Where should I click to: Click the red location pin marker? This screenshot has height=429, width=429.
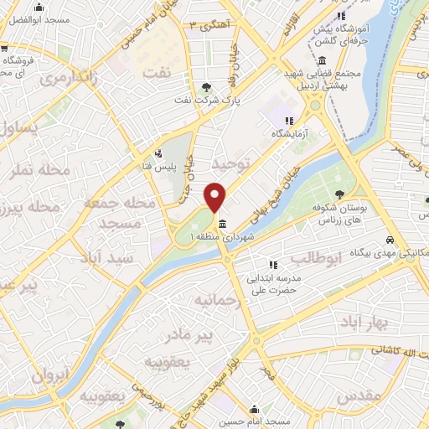[215, 197]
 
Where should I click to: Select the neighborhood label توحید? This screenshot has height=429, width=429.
[231, 162]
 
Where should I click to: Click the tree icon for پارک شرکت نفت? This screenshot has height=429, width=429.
[207, 86]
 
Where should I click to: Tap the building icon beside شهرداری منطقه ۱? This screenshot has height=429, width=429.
[220, 224]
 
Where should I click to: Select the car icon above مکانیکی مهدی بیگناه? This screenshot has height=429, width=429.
[390, 240]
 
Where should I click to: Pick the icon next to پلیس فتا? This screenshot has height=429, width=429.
[158, 153]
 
